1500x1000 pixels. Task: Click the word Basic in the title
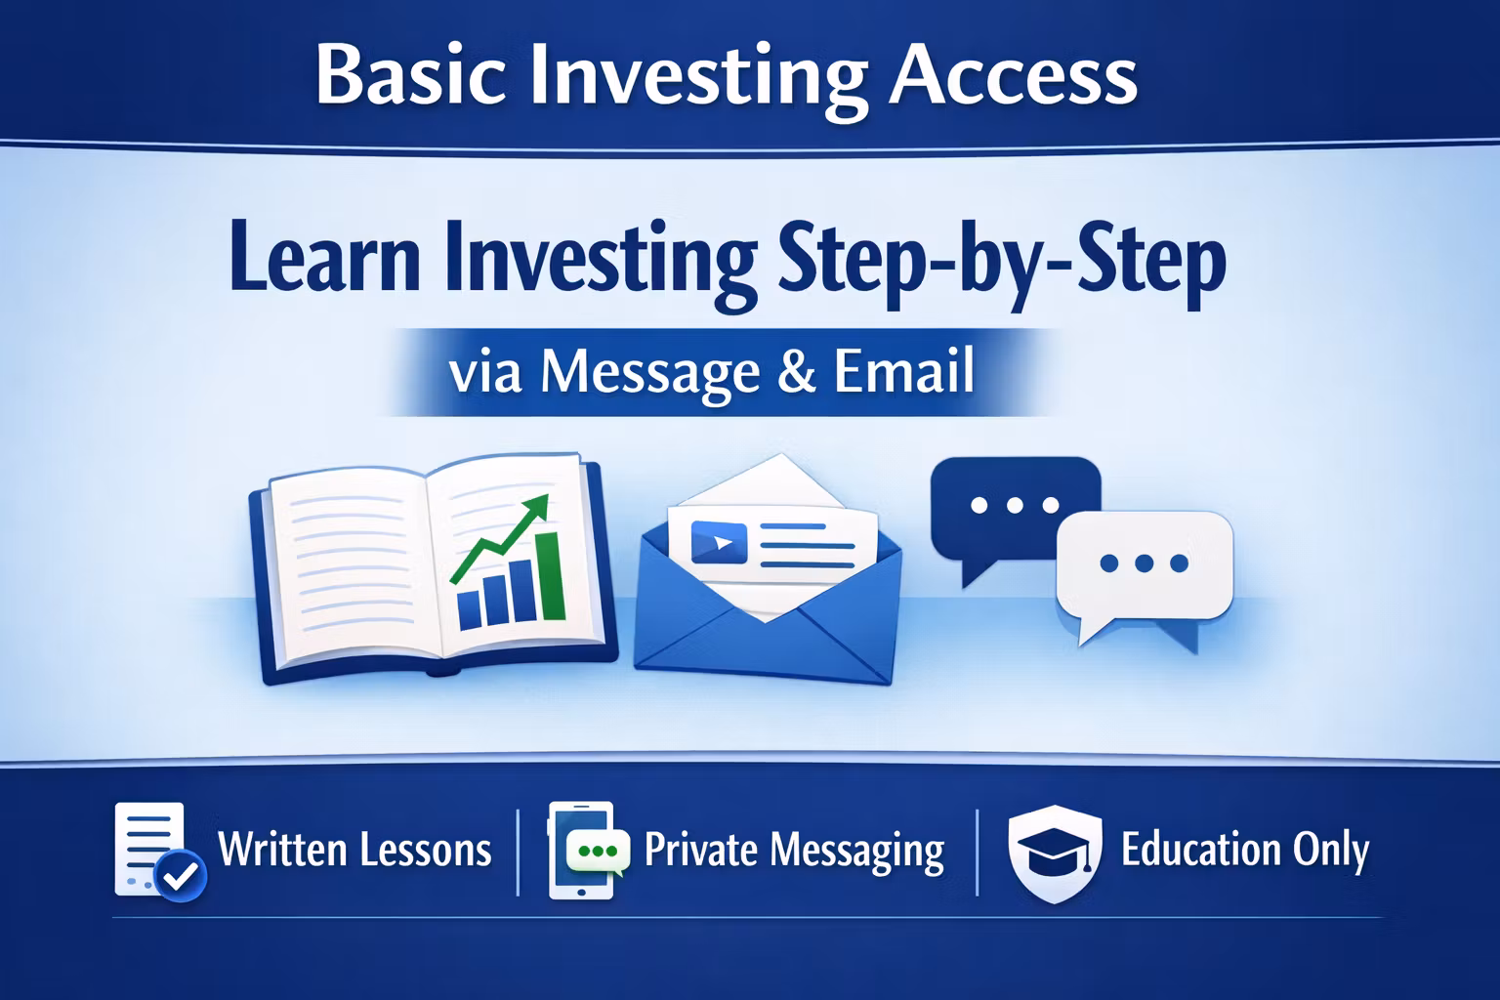[410, 75]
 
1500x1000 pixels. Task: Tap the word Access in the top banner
[1013, 75]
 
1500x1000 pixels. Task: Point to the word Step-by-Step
[1002, 266]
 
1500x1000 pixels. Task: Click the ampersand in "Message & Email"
[797, 372]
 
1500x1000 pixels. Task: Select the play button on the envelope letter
[719, 542]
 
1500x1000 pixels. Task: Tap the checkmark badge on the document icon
[180, 875]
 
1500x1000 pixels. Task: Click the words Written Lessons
[354, 850]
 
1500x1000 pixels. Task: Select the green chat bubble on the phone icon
[598, 852]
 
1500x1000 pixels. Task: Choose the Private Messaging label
[794, 852]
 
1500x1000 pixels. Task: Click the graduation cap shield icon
[1055, 854]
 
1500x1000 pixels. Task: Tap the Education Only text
[1245, 851]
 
